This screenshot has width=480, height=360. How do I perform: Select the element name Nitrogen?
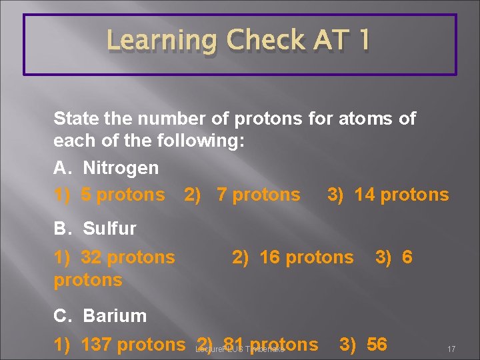pos(121,168)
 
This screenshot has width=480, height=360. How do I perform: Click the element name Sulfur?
pos(109,229)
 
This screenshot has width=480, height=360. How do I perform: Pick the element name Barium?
pos(115,315)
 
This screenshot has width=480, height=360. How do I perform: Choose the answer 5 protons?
pos(123,195)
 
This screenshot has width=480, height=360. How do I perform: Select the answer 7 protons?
pos(259,195)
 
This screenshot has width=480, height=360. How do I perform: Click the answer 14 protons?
pos(401,195)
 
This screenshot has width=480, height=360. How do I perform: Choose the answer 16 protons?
pos(307,257)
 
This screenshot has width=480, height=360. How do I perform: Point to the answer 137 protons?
pos(133,345)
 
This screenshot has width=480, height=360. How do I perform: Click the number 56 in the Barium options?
pos(377,345)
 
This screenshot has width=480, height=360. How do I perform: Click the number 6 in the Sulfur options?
pos(407,257)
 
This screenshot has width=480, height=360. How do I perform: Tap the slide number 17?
pos(451,349)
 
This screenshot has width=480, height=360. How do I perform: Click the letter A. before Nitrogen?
pos(62,168)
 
